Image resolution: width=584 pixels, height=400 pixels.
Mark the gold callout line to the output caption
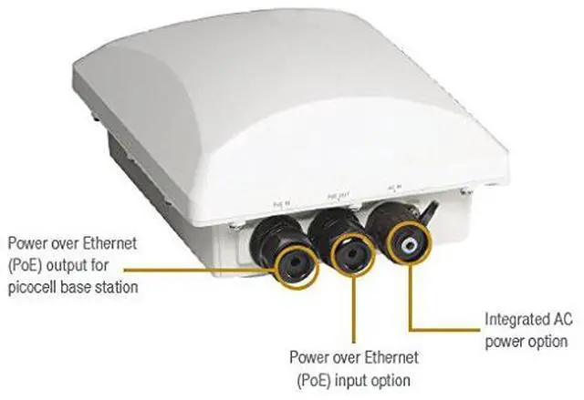182,268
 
